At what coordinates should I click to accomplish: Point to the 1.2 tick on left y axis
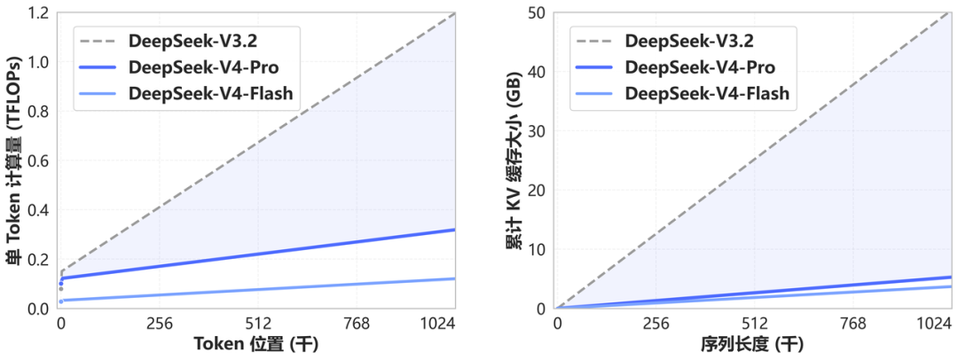pyautogui.click(x=37, y=13)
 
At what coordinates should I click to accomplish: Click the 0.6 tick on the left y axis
pyautogui.click(x=37, y=161)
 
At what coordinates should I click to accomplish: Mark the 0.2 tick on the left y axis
pyautogui.click(x=37, y=260)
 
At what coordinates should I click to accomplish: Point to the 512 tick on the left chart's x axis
pyautogui.click(x=257, y=325)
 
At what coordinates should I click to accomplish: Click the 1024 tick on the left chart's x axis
pyautogui.click(x=454, y=325)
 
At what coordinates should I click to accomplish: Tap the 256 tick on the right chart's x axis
pyautogui.click(x=655, y=325)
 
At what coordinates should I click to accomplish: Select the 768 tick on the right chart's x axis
pyautogui.click(x=852, y=325)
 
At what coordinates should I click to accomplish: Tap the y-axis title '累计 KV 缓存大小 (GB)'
pyautogui.click(x=513, y=160)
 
